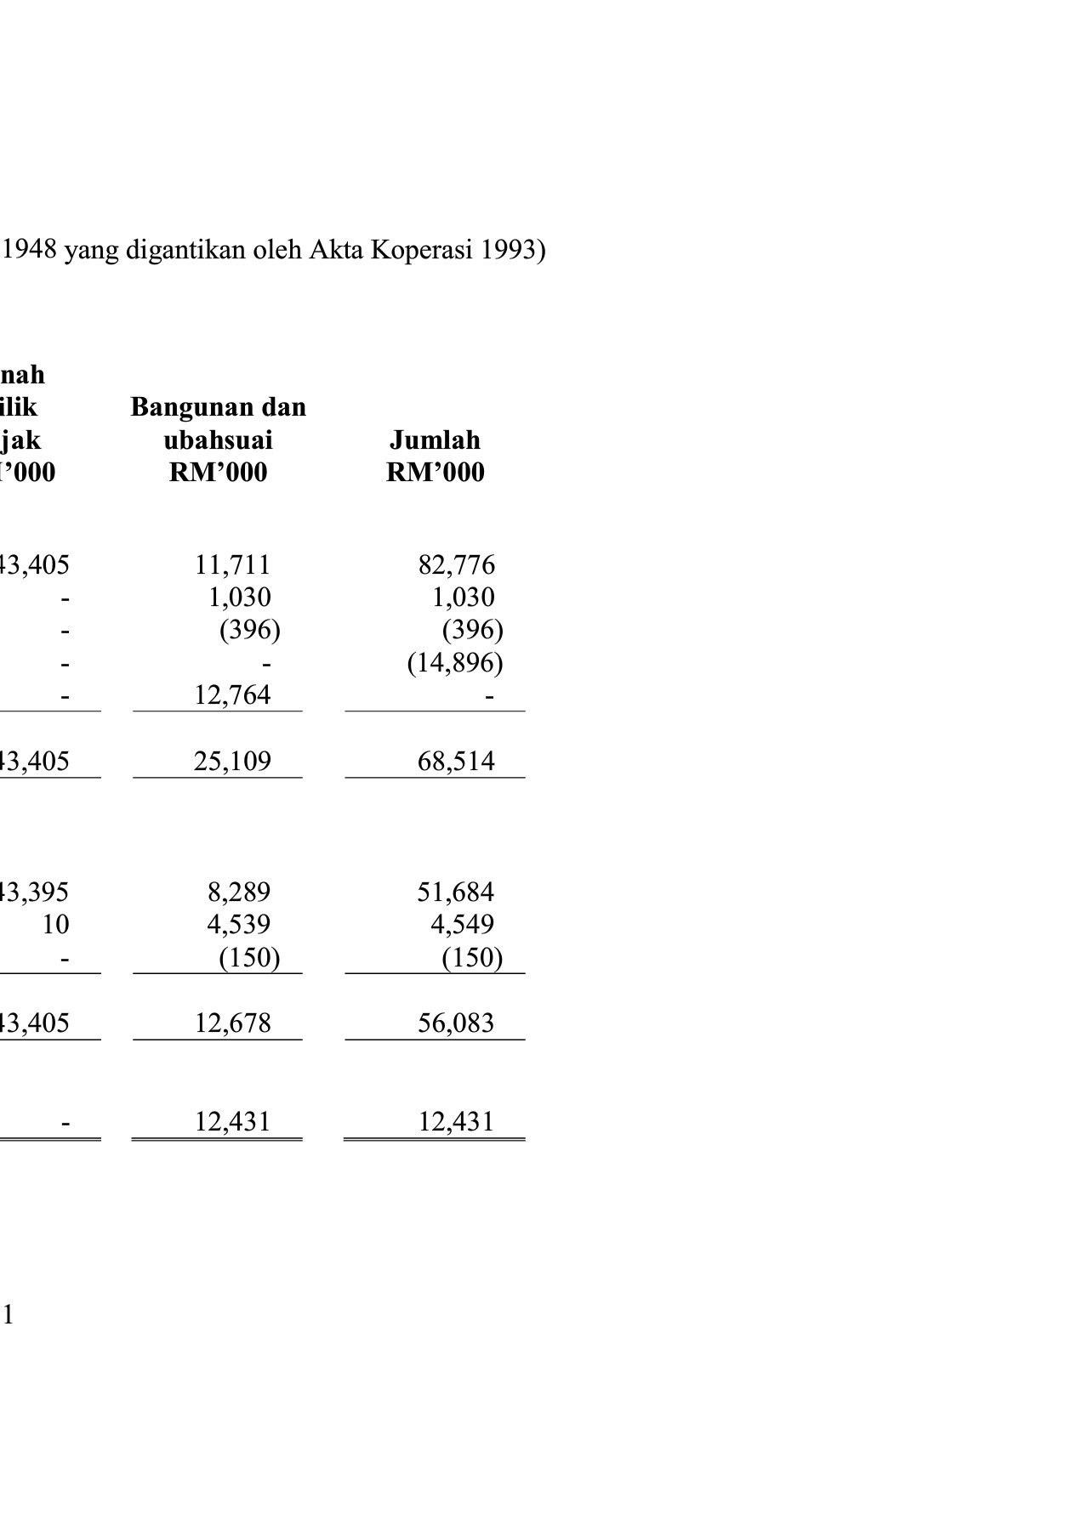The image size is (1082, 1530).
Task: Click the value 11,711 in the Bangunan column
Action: [232, 565]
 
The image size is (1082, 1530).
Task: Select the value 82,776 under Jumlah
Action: [456, 565]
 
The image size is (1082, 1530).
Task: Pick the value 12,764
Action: [232, 695]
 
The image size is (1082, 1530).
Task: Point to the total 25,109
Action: [232, 761]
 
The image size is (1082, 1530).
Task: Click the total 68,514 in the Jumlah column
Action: [456, 761]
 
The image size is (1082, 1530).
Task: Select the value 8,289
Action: [239, 892]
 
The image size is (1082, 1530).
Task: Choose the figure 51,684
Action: [456, 892]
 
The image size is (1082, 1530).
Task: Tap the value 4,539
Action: [239, 925]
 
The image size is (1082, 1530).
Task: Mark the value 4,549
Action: [462, 925]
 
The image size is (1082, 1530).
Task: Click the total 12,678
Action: [232, 1023]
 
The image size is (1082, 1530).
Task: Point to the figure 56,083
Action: [456, 1023]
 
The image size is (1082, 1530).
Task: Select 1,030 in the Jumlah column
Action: [463, 598]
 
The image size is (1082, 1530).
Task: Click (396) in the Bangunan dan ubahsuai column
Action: [249, 631]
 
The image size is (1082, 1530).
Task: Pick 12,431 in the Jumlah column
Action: [456, 1122]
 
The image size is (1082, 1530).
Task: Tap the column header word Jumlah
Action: [435, 440]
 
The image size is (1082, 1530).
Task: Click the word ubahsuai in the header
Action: [218, 440]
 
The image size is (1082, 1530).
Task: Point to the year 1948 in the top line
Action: [30, 250]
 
